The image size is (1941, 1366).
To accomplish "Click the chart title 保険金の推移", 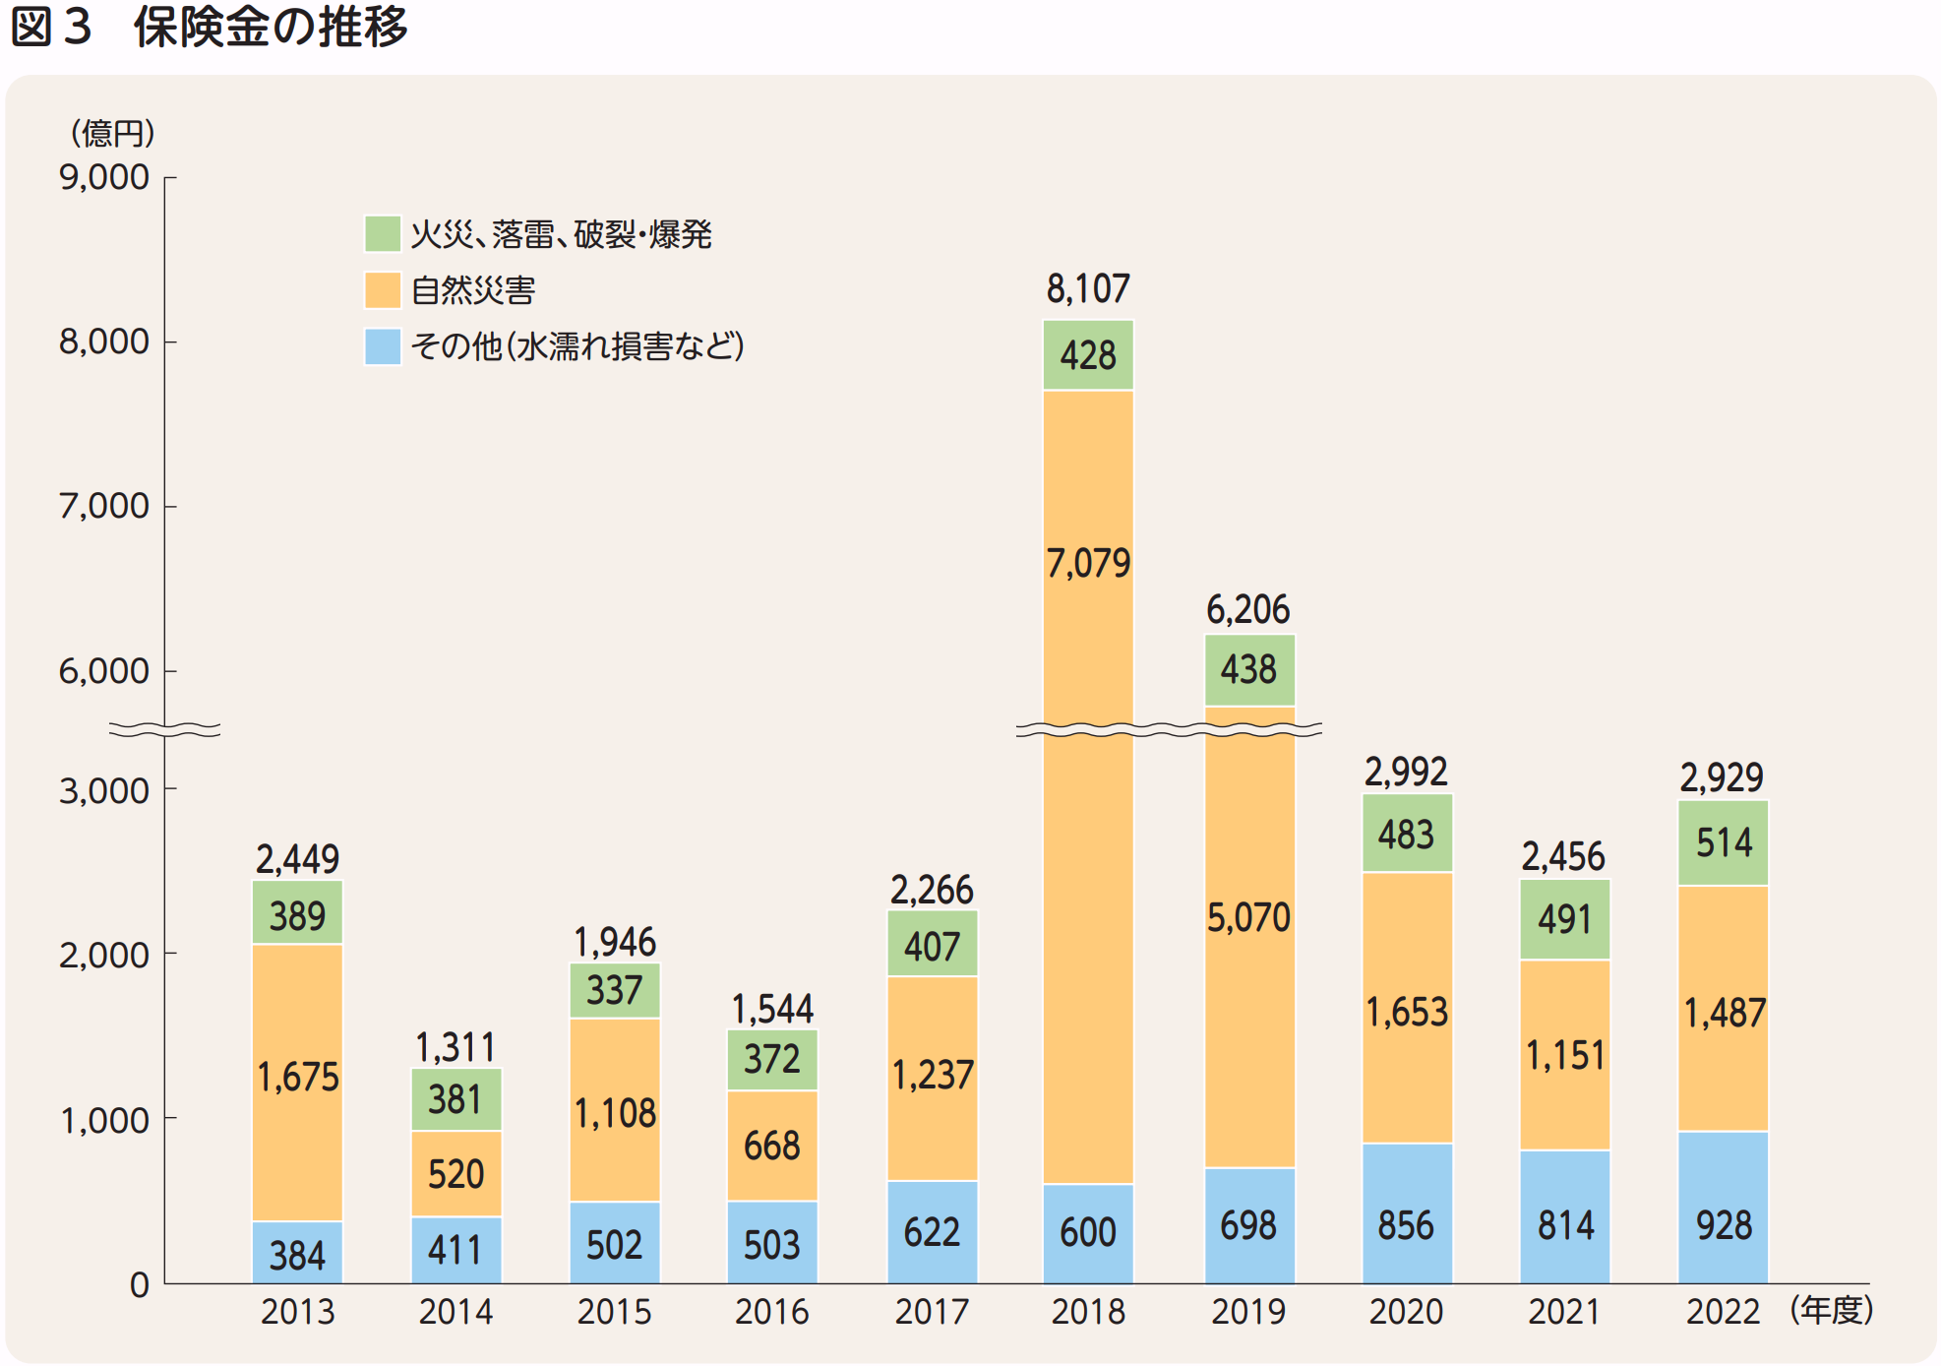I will (270, 27).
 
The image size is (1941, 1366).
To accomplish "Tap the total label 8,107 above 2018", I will (1087, 289).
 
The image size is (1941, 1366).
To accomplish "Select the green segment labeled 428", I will (1087, 355).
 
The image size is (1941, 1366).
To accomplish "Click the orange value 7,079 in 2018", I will (1087, 564).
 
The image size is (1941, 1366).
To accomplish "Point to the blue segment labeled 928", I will (1722, 1209).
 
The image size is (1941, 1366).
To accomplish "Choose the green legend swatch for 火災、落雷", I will (382, 234).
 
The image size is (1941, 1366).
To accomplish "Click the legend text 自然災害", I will (472, 290).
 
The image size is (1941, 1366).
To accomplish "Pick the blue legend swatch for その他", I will (382, 346).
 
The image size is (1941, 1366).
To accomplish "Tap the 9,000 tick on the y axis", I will (104, 177).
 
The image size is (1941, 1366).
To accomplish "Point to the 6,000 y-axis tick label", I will (104, 671).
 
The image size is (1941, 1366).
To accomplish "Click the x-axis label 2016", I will (771, 1312).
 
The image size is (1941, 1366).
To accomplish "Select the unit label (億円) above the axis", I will (112, 133).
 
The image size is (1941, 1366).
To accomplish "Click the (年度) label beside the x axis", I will (1831, 1310).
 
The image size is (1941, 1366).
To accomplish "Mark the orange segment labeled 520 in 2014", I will (455, 1173).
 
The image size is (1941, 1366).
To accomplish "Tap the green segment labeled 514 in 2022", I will (1723, 842).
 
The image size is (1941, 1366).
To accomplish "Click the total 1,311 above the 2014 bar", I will (455, 1047).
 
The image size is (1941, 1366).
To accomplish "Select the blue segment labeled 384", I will (297, 1254).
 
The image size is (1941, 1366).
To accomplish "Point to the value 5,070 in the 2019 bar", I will (1248, 918).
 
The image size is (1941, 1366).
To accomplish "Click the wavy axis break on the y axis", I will (164, 729).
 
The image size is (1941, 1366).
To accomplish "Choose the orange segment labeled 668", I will (771, 1146).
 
